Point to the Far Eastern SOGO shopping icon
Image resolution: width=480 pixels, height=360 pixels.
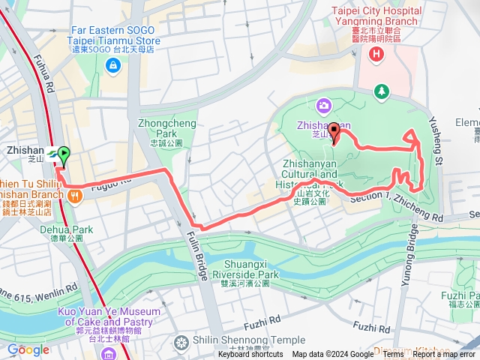click(x=112, y=66)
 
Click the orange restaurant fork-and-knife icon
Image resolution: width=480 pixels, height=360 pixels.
click(x=75, y=197)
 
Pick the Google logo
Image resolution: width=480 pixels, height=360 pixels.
click(x=28, y=349)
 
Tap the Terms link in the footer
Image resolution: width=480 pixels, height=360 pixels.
click(x=393, y=355)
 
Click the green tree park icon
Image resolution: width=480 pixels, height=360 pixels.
click(x=382, y=91)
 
